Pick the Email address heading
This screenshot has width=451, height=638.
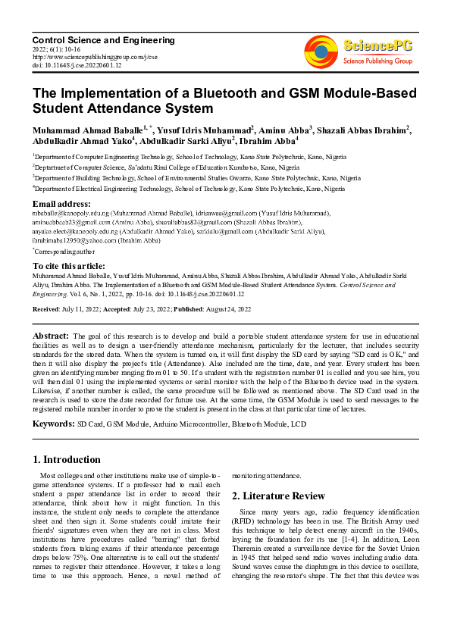click(61, 204)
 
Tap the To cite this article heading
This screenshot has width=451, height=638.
click(67, 266)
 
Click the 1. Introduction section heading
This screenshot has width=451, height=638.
click(67, 460)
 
